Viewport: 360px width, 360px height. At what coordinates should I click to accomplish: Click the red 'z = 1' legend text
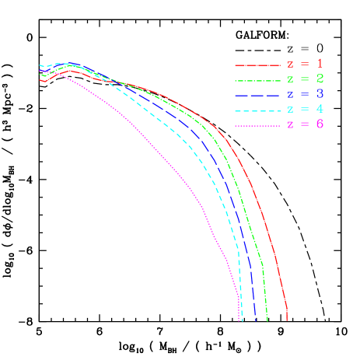point(306,64)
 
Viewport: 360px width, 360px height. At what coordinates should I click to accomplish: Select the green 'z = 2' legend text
point(306,79)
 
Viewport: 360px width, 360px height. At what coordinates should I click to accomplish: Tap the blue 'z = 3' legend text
point(306,95)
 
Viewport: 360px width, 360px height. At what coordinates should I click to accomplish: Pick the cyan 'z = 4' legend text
point(306,110)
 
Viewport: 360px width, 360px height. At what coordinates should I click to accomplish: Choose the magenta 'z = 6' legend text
point(306,125)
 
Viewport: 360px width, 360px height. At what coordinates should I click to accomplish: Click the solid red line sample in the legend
point(256,65)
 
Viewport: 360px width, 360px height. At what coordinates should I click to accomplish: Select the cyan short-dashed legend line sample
point(256,110)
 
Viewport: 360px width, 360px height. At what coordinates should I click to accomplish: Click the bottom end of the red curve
point(287,320)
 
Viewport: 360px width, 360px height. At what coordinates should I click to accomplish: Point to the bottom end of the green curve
point(267,320)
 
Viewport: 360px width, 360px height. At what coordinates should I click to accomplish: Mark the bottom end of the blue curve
point(256,320)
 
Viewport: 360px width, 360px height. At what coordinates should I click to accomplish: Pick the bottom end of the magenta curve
point(239,320)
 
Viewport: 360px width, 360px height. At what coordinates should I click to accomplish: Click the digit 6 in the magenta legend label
point(320,125)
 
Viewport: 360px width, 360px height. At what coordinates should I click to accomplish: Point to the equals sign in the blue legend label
point(305,95)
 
